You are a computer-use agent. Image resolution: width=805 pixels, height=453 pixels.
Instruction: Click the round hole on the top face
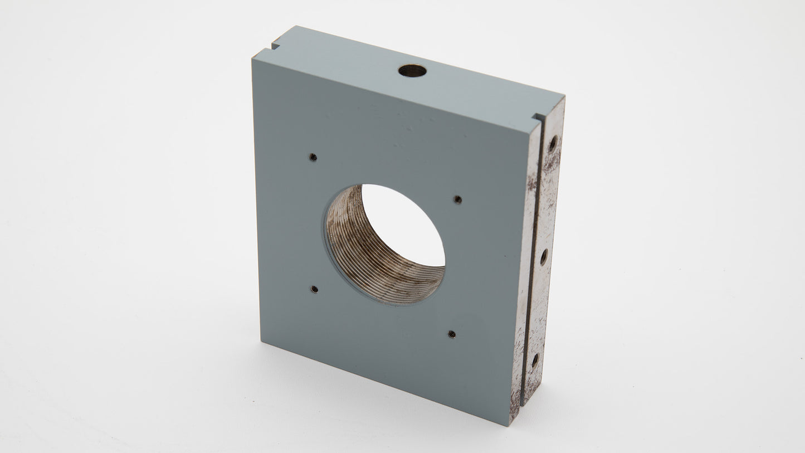tap(412, 71)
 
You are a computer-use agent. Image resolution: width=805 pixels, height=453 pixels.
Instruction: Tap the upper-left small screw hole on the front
tap(313, 157)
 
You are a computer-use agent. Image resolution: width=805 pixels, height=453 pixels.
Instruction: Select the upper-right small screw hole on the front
tap(457, 199)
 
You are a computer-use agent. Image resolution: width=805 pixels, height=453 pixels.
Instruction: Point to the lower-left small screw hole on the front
tap(314, 289)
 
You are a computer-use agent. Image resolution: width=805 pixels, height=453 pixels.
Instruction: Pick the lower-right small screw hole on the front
tap(451, 334)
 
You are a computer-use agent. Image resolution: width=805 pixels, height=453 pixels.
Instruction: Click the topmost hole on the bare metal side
tap(553, 144)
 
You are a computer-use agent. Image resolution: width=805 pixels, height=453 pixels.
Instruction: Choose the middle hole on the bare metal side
tap(544, 257)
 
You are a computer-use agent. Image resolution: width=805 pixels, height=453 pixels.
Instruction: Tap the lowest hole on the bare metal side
tap(535, 361)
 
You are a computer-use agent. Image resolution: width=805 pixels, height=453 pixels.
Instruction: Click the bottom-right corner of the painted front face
tap(509, 425)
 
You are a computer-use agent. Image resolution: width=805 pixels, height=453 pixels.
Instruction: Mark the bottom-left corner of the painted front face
tap(262, 340)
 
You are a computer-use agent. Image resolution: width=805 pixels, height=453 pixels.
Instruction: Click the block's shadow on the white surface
tap(557, 401)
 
